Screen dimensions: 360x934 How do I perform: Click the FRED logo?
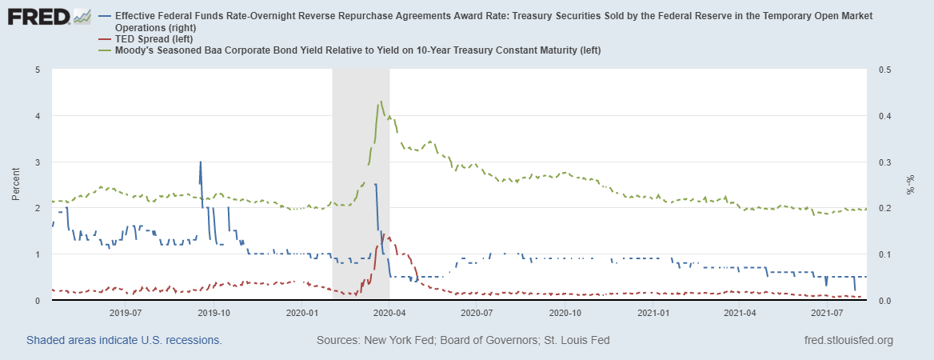click(48, 17)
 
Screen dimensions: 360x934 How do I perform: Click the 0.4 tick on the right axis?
click(884, 116)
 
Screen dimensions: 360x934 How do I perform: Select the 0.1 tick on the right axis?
click(884, 254)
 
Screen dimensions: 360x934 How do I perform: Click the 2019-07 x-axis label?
click(126, 313)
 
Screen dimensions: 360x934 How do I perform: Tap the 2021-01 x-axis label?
click(653, 313)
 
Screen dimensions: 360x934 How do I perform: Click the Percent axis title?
click(17, 185)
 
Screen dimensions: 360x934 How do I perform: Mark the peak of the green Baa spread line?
click(381, 102)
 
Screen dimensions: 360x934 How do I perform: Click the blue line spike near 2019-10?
click(200, 162)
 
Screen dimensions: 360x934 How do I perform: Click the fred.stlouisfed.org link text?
click(848, 340)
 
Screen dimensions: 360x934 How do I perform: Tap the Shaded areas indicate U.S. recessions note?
click(124, 340)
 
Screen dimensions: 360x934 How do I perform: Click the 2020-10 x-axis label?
click(565, 313)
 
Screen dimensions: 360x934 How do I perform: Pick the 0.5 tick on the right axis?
click(884, 70)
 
